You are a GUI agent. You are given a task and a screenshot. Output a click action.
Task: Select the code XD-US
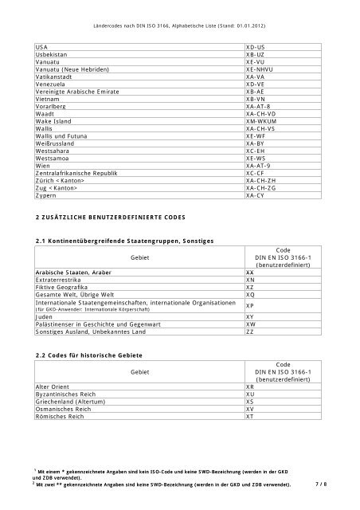(256, 48)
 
